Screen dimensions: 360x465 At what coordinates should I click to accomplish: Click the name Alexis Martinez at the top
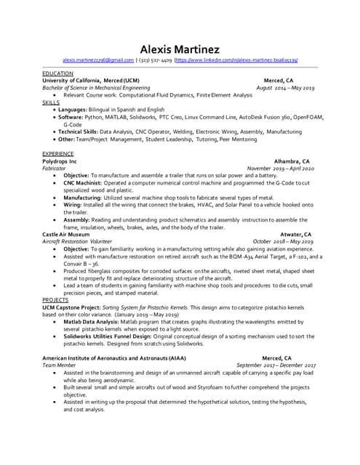coord(180,49)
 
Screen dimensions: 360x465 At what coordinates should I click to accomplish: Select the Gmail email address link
coord(98,60)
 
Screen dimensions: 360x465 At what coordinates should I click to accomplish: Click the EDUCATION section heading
coord(57,73)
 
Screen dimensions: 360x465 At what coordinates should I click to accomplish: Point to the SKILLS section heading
coord(50,102)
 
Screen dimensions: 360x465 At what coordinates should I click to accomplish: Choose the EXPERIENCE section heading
coord(59,154)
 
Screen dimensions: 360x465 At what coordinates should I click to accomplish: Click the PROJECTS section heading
coord(55,299)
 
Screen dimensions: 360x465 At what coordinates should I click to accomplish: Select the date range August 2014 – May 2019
coord(285,87)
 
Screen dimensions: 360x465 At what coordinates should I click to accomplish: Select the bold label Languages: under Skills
coord(76,109)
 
